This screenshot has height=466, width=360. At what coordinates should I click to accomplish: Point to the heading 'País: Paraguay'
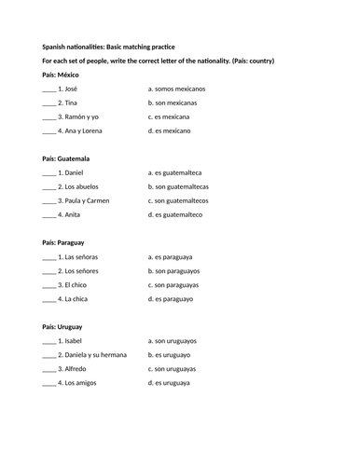(65, 242)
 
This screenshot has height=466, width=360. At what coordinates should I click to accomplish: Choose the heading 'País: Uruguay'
(63, 327)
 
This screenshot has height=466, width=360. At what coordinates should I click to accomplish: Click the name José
(68, 89)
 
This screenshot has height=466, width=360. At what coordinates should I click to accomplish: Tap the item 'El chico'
(74, 284)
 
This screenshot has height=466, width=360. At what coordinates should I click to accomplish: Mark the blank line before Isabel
(48, 341)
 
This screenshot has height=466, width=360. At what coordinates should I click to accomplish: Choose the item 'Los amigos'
(77, 383)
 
